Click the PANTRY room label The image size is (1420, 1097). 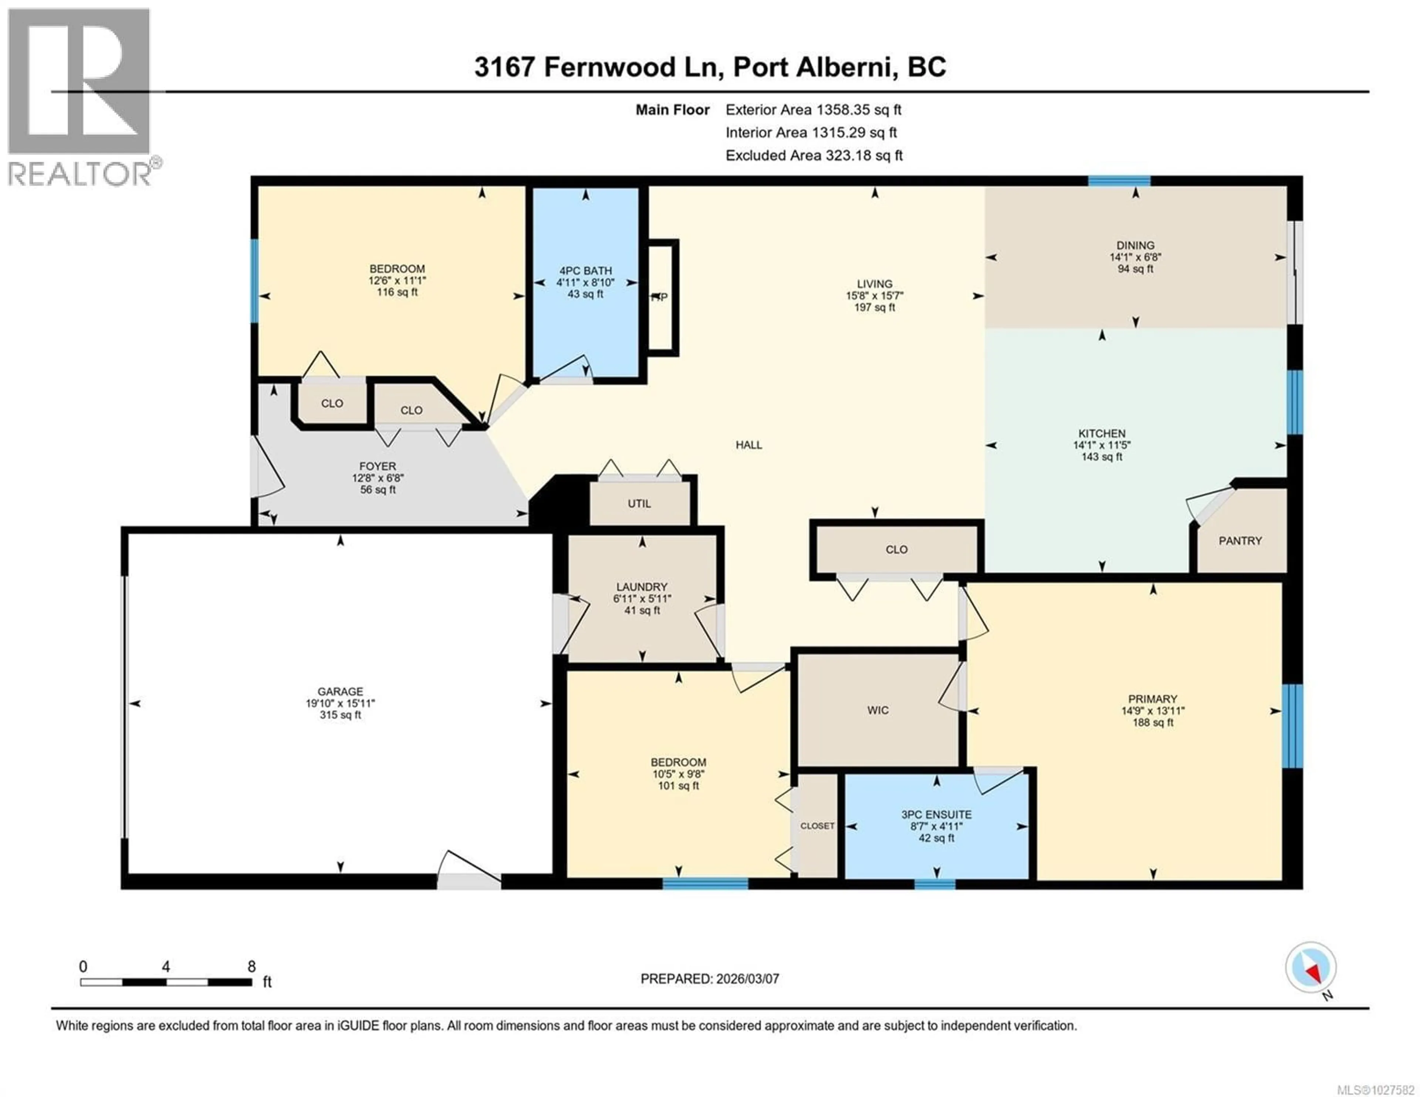[x=1240, y=541]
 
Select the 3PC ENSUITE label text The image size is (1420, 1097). [x=936, y=814]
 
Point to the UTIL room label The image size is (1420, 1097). [x=639, y=503]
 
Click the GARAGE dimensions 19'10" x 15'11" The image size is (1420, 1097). [x=340, y=703]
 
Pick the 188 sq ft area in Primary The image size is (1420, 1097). [x=1153, y=722]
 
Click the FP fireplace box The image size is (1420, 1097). [x=662, y=298]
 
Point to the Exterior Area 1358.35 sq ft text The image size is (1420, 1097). [x=814, y=110]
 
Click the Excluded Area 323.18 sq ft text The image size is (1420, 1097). [x=814, y=155]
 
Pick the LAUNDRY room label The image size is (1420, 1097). [x=642, y=586]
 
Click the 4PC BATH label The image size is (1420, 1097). [x=585, y=271]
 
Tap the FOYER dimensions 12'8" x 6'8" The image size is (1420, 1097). [x=378, y=478]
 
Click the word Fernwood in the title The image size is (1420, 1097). [x=609, y=67]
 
